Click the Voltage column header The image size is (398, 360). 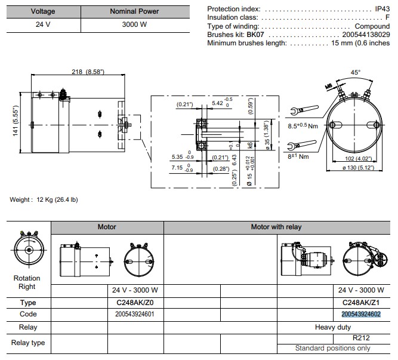tap(43, 11)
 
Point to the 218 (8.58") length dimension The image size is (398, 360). tap(87, 72)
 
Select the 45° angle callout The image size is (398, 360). tap(355, 72)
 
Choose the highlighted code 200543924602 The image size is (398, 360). tap(361, 314)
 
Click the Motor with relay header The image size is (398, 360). tap(276, 227)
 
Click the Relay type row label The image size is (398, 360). tap(28, 343)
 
